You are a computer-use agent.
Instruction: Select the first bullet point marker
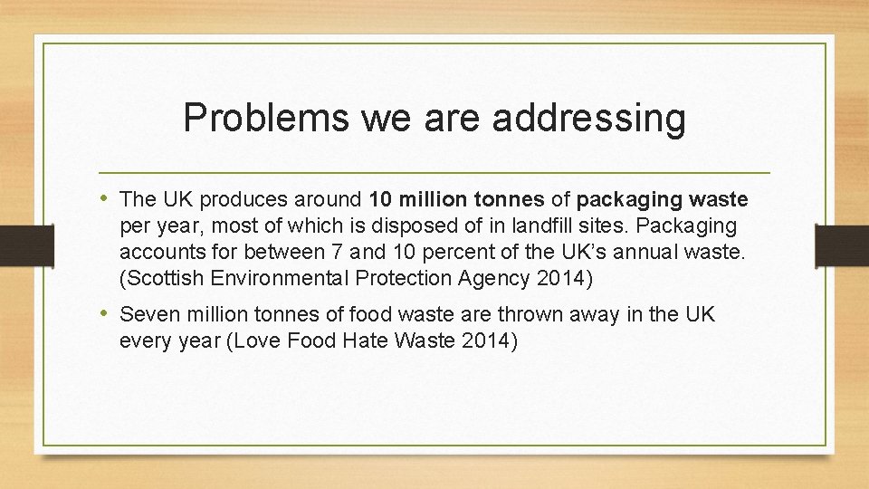click(106, 198)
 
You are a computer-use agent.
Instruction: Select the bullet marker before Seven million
click(106, 314)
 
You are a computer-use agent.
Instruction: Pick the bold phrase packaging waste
click(662, 199)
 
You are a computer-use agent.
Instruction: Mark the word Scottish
click(163, 278)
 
